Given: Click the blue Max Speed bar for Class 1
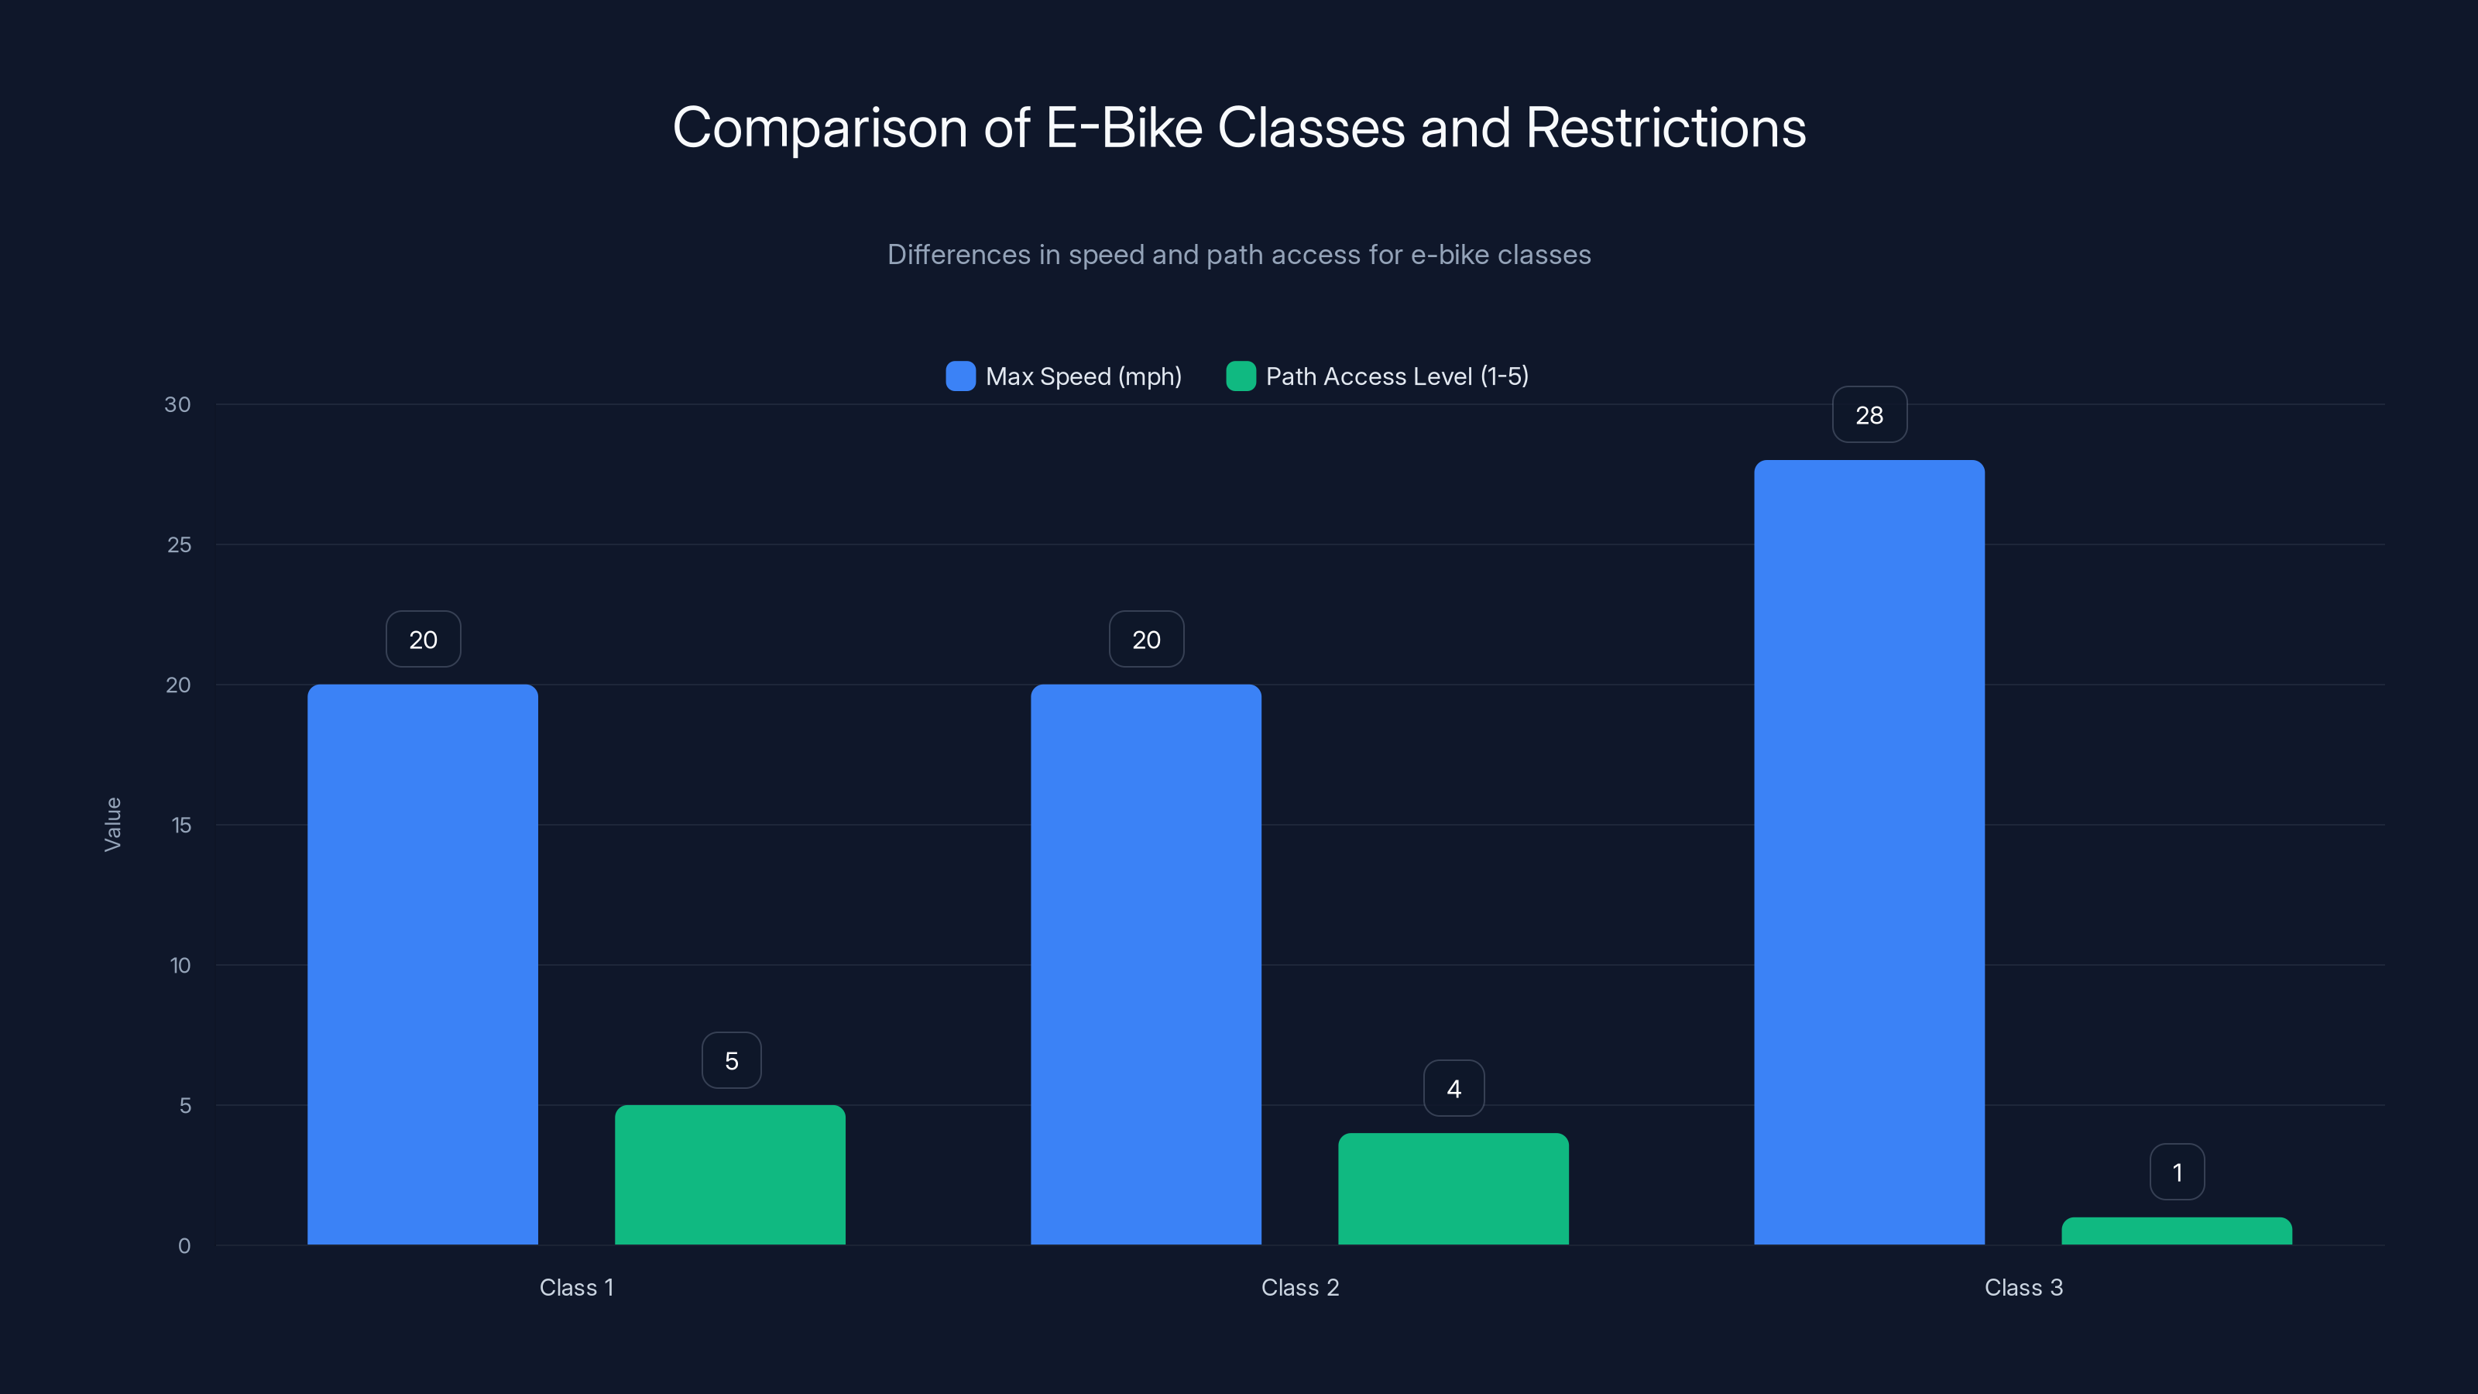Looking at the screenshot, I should (422, 964).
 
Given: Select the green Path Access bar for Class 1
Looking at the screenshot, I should (730, 1175).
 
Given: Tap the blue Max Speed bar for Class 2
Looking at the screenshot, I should (1146, 964).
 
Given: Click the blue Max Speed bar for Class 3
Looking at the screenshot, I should (1869, 853).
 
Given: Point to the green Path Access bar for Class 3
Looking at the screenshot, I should (2176, 1231).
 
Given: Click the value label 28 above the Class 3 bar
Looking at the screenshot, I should (1869, 414).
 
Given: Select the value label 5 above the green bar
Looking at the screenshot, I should (731, 1060).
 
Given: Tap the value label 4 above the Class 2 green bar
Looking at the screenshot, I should (1454, 1088).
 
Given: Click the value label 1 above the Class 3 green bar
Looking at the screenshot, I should (2177, 1172).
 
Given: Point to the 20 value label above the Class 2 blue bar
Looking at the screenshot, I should (1146, 639).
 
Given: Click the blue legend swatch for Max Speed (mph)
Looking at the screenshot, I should (960, 376).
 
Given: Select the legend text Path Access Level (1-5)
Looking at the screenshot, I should (1397, 376).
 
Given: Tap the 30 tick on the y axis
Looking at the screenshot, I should (178, 404).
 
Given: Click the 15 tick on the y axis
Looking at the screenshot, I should (181, 825).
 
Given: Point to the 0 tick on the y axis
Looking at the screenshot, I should (184, 1246).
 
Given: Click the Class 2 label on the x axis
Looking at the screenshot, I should (1299, 1287).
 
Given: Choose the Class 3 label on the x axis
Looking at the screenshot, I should (2023, 1287).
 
